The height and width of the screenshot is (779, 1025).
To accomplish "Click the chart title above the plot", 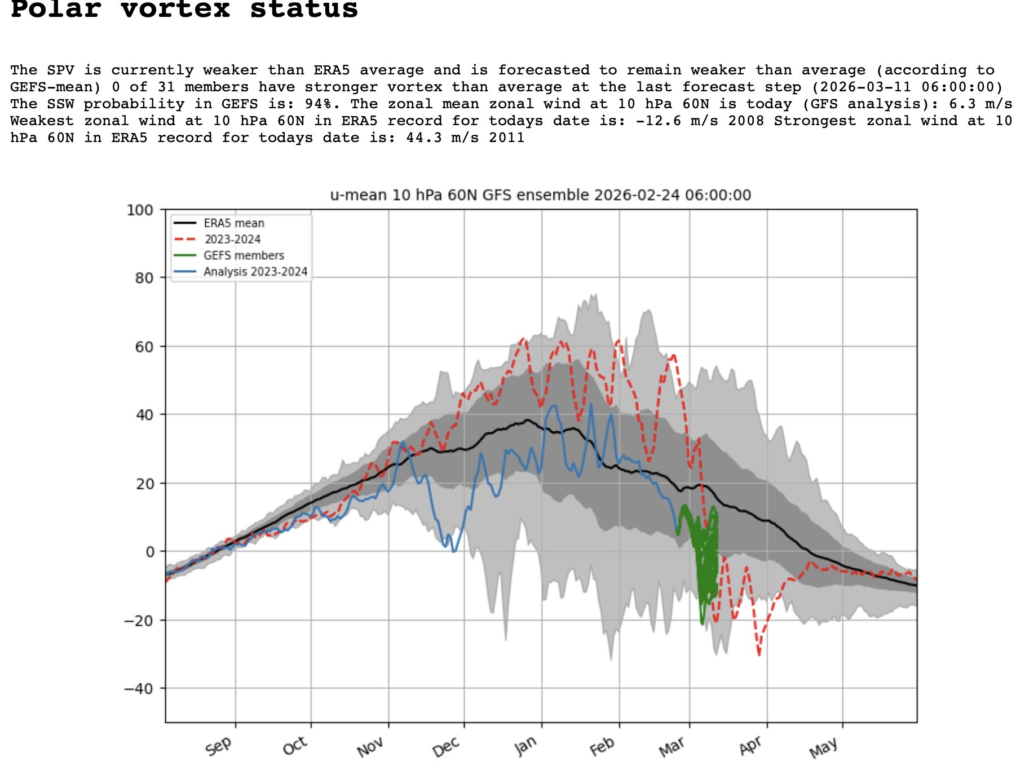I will click(540, 195).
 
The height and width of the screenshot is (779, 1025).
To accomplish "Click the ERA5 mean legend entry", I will click(233, 223).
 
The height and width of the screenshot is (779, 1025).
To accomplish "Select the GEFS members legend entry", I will click(244, 255).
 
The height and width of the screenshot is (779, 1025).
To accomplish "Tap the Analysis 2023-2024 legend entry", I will click(255, 272).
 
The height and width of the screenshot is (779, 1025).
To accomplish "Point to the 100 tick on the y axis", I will click(140, 210).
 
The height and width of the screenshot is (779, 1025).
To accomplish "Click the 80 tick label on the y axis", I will click(144, 278).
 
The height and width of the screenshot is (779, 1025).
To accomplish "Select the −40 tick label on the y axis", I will click(139, 689).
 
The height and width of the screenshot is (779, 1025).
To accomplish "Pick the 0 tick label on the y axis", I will click(149, 552).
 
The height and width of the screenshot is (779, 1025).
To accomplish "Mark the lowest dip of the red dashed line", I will click(759, 654).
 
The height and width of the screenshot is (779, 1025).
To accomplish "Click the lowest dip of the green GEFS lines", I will click(702, 623).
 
